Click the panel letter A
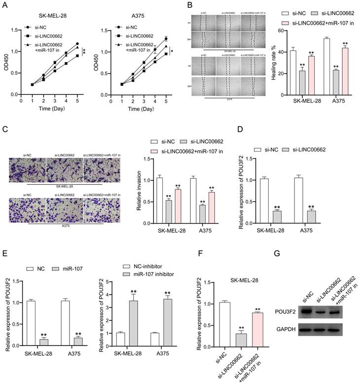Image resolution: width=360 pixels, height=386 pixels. click(5, 6)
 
